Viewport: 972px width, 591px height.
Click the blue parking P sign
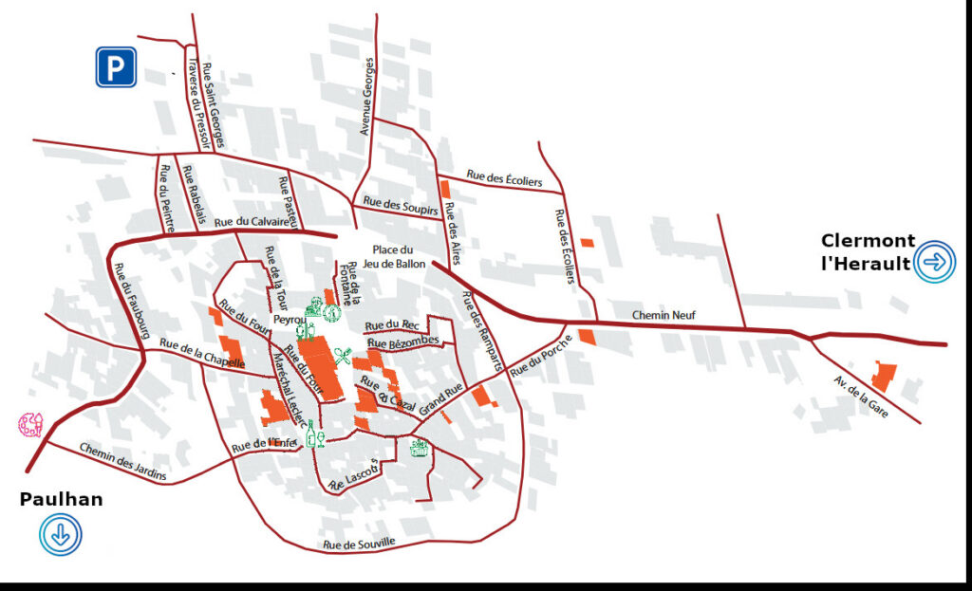[116, 67]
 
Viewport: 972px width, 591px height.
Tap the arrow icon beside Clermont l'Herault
[935, 261]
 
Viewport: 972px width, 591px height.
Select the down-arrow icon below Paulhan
[61, 535]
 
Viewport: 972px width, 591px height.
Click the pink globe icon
[31, 424]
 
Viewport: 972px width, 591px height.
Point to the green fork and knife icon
[342, 357]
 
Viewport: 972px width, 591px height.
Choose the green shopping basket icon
[419, 448]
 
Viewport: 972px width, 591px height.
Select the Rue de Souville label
[359, 544]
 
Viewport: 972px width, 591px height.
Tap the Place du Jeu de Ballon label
[393, 256]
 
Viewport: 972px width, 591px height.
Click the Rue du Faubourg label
[132, 300]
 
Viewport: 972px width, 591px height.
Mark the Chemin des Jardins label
[122, 461]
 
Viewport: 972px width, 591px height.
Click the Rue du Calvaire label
[251, 221]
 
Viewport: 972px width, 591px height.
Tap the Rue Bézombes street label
[402, 342]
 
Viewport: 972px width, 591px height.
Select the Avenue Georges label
[367, 96]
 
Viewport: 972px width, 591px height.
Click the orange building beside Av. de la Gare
[884, 376]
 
